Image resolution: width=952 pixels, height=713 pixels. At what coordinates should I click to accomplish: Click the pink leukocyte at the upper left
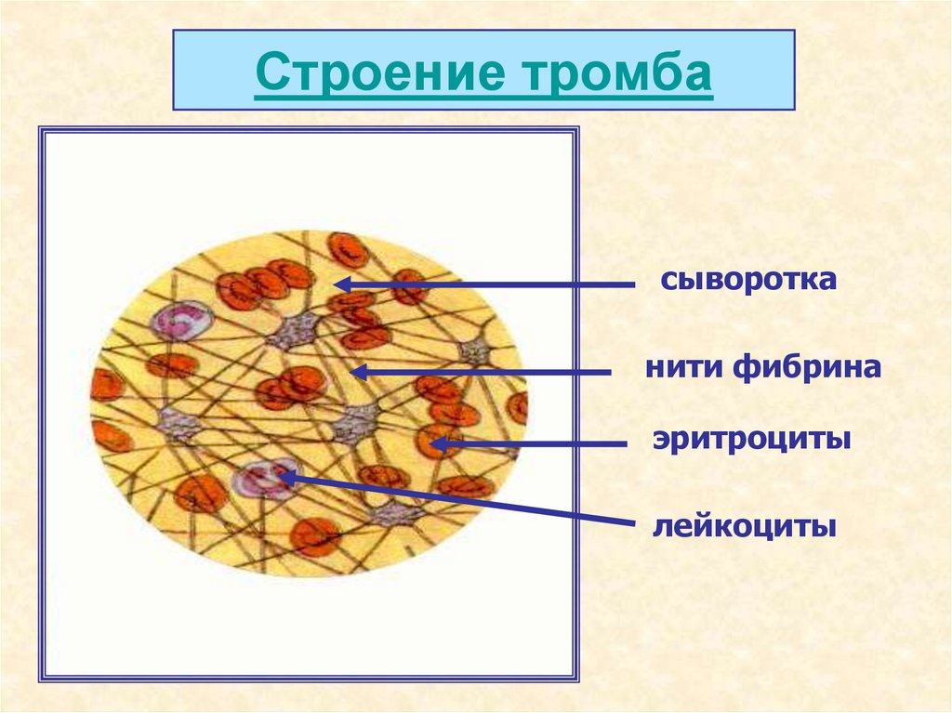click(182, 320)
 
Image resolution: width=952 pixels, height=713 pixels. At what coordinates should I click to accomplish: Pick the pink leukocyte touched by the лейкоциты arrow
click(265, 479)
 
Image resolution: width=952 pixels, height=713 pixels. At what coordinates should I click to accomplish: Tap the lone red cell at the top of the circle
click(348, 250)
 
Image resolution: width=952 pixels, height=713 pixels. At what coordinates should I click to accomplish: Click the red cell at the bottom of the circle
click(314, 536)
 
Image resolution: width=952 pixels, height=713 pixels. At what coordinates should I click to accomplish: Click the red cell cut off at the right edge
click(517, 406)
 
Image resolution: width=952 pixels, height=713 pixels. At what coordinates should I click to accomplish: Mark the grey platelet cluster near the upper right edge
click(475, 350)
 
